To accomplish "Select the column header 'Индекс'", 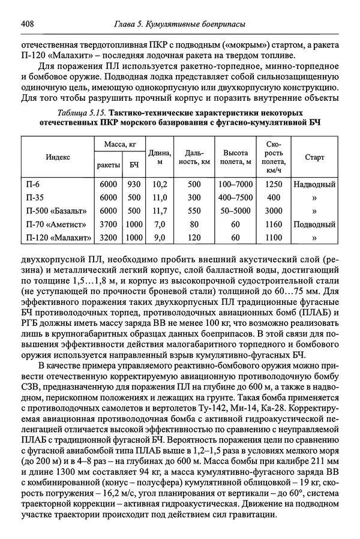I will coord(58,157).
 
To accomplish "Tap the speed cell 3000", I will coord(274,211).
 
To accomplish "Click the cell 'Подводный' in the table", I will coord(314,224).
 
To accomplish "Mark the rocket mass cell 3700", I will coord(108,224).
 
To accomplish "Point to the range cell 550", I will coord(194,211).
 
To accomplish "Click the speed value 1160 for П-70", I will coord(274,224).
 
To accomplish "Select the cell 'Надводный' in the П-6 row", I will coord(314,184).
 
